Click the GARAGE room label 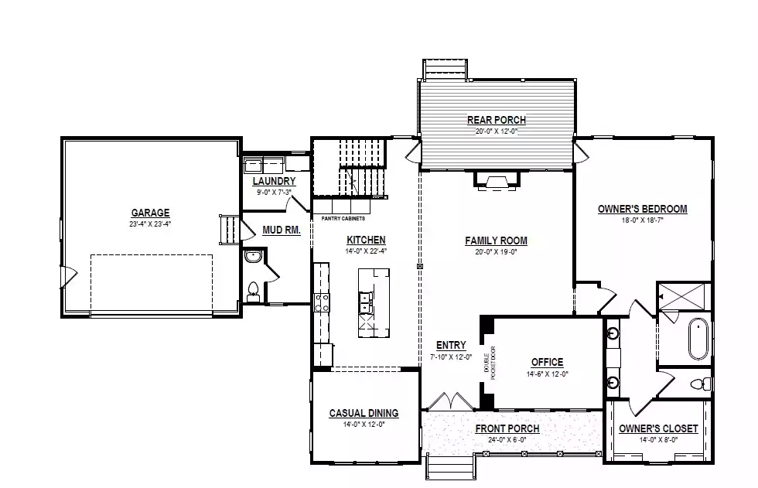tap(150, 213)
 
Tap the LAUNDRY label tap(274, 181)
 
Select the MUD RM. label tap(282, 230)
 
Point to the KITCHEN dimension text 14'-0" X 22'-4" tap(366, 251)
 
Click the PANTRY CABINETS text tap(343, 219)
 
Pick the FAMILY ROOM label tap(496, 241)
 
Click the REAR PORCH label tap(497, 120)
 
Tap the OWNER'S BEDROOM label tap(643, 210)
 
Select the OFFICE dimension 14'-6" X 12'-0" tap(548, 374)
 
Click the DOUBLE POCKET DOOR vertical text tap(490, 363)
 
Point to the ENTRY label tap(451, 346)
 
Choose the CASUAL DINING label tap(364, 413)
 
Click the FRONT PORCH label tap(507, 428)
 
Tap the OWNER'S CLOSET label tap(658, 428)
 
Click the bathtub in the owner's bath tap(698, 338)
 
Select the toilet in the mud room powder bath tap(253, 292)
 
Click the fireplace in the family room tap(497, 179)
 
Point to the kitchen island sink tap(365, 302)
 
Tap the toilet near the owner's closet tap(702, 384)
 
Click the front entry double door tap(450, 402)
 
